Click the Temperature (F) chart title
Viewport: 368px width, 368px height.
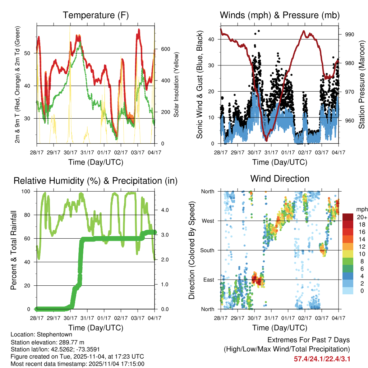pyautogui.click(x=96, y=15)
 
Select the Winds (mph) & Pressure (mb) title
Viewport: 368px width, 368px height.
pyautogui.click(x=280, y=15)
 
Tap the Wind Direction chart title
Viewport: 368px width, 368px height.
pyautogui.click(x=280, y=179)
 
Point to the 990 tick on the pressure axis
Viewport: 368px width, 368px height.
pyautogui.click(x=350, y=34)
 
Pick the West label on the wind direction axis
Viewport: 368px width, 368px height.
pyautogui.click(x=207, y=221)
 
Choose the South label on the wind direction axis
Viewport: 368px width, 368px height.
pyautogui.click(x=207, y=250)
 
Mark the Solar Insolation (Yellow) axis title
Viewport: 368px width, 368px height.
pyautogui.click(x=176, y=84)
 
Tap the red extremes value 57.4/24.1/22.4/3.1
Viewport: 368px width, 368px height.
pyautogui.click(x=322, y=359)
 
